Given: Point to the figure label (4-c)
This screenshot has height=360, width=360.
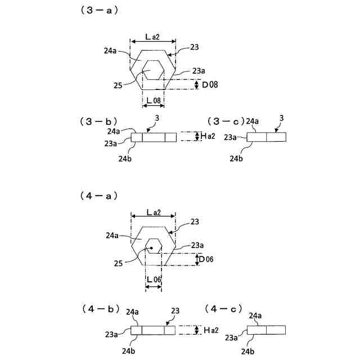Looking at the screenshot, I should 223,308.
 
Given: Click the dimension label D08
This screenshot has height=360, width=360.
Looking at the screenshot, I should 210,84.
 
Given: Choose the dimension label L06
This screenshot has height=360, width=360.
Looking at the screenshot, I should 154,280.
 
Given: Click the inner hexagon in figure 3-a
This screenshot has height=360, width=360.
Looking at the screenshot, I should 154,71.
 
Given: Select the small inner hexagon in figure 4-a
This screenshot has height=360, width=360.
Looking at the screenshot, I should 153,246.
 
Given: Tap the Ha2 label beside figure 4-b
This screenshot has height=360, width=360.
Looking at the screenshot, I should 208,330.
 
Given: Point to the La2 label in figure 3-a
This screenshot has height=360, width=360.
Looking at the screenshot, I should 152,37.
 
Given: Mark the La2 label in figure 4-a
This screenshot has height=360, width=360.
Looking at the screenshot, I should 153,212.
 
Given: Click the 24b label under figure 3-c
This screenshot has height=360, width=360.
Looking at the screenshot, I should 237,159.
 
